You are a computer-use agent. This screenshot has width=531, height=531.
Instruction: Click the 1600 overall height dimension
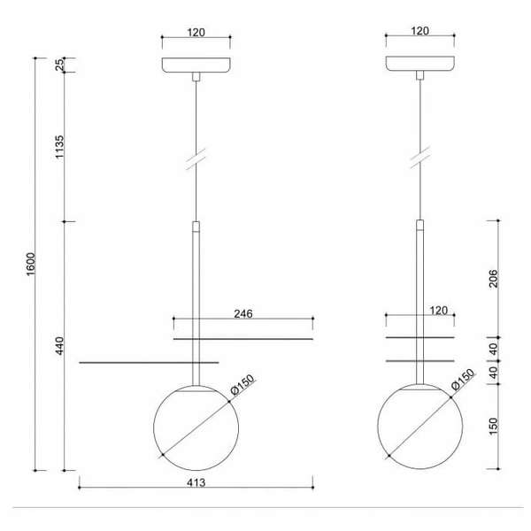pos(29,263)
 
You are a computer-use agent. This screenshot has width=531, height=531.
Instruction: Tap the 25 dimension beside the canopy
pos(60,65)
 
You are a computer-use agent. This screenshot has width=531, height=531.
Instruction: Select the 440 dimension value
pos(60,346)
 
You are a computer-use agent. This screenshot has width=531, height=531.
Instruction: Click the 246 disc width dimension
pos(243,312)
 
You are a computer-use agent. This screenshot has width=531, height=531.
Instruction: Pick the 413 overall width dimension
pos(196,482)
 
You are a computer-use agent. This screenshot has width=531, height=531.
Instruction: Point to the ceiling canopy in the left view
pos(196,66)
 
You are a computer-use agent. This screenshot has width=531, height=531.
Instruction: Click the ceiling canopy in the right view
pos(419,66)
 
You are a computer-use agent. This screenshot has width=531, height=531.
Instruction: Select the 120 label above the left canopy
pos(196,32)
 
